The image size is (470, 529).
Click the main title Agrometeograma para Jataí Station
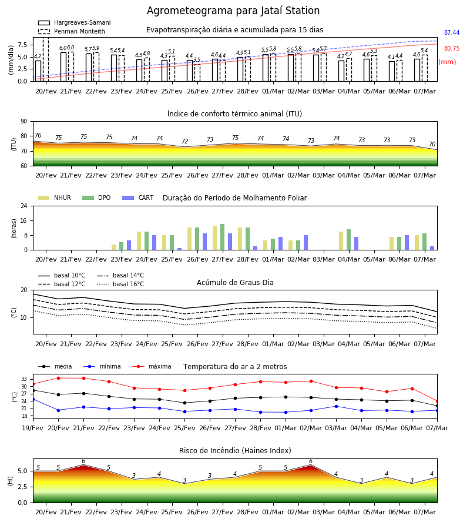(233, 11)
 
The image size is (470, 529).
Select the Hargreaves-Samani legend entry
(74, 22)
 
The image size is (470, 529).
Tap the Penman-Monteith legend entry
(72, 31)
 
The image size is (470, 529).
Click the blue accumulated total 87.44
(452, 33)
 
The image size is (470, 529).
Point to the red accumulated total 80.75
(452, 49)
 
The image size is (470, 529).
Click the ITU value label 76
(38, 135)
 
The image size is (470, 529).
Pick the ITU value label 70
(432, 144)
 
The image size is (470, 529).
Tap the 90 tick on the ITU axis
(23, 122)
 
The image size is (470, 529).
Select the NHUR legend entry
(55, 197)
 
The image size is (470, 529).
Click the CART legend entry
(138, 197)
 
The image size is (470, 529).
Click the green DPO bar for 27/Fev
(222, 237)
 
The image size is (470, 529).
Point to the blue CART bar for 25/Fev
(179, 249)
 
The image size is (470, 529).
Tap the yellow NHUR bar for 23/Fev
(113, 247)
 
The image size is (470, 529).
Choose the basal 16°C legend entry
(120, 284)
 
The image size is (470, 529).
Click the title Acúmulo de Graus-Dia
(235, 283)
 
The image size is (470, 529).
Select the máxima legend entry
(152, 366)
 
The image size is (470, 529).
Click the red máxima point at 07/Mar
(437, 401)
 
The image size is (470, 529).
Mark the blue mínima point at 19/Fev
(33, 400)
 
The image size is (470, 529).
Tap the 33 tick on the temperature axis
(24, 379)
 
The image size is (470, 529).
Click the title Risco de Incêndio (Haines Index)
(235, 451)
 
